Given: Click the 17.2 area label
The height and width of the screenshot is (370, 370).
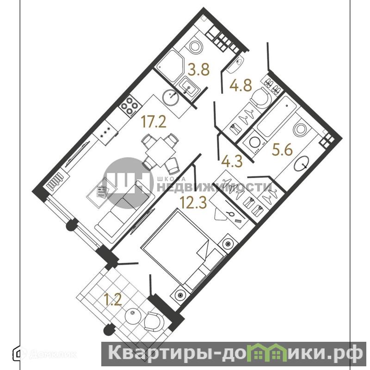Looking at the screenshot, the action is coord(154,122).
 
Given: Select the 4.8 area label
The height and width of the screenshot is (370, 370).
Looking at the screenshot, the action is coord(240,85).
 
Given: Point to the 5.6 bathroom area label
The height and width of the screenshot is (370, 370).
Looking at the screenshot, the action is coord(282,150).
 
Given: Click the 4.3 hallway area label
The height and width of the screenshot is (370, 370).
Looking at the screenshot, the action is coord(232,161).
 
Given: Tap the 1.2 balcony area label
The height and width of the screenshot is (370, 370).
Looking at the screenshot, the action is coord(113,300).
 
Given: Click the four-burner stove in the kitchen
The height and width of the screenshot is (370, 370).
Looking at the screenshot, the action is coord(129,106).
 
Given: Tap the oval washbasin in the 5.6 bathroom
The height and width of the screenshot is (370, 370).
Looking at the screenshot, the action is coord(302,163).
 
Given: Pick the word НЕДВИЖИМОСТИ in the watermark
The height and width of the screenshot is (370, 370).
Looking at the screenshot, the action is coord(214,188).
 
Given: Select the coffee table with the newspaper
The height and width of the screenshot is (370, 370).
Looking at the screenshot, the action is coord(102,192).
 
